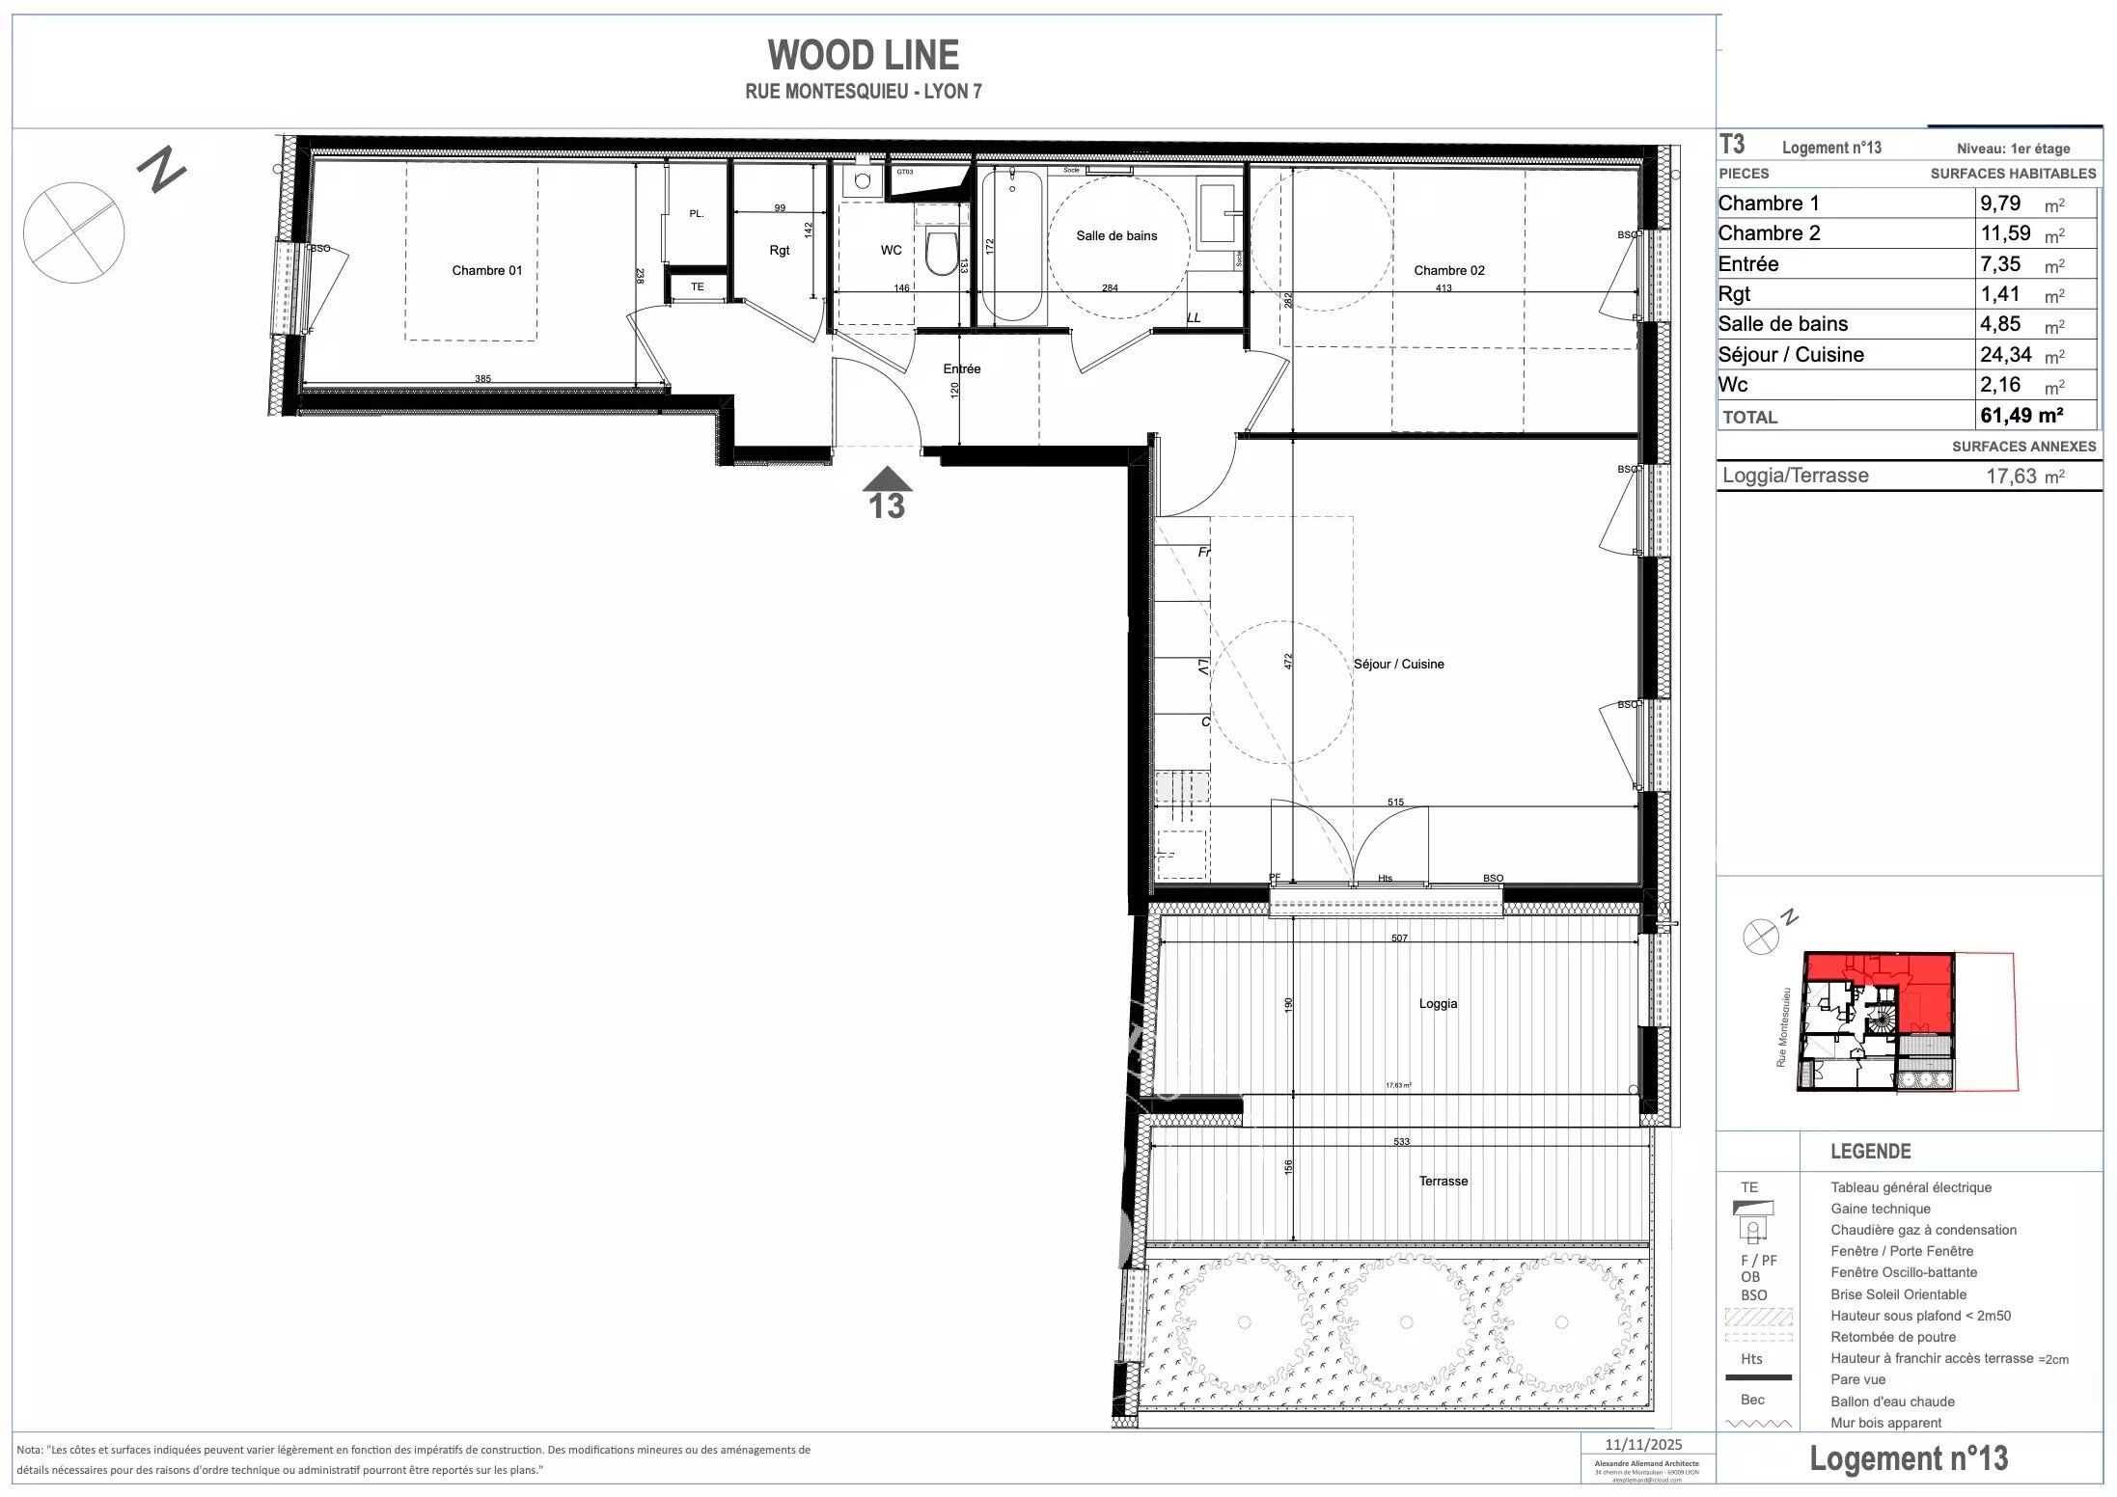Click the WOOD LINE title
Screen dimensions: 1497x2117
[x=863, y=55]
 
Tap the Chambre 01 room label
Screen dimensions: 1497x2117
[x=486, y=270]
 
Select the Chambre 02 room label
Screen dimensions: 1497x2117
[x=1448, y=270]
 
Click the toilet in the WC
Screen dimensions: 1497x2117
[x=941, y=253]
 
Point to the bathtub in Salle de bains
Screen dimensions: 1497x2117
[x=1011, y=246]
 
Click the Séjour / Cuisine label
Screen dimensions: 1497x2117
[x=1398, y=664]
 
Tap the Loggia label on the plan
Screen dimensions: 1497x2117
[x=1438, y=1003]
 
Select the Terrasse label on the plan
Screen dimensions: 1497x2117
[x=1443, y=1181]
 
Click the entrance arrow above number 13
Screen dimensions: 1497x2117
[x=887, y=479]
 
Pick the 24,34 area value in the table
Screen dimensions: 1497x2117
[x=2005, y=354]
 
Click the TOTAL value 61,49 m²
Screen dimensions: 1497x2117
[x=2021, y=416]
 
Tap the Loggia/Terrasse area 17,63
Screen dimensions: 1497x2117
[x=2012, y=476]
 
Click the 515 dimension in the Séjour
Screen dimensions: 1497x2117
[x=1395, y=802]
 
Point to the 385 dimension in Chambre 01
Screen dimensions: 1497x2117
[x=482, y=378]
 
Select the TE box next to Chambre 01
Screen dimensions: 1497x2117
[x=697, y=286]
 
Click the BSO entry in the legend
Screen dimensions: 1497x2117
[x=1753, y=1294]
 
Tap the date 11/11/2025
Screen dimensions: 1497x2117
[x=1642, y=1444]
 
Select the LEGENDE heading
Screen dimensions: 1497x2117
[x=1870, y=1151]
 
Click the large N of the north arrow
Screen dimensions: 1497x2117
[x=160, y=170]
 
